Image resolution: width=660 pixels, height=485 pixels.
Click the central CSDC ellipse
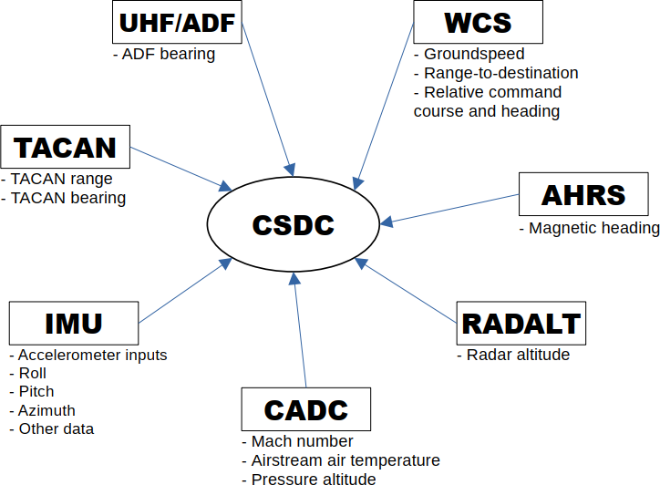293,223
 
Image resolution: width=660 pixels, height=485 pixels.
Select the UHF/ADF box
178,22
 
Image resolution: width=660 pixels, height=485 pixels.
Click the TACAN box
66,147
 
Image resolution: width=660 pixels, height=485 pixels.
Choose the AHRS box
583,194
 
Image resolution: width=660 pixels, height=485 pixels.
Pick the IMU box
74,323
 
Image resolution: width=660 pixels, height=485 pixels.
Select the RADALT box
521,323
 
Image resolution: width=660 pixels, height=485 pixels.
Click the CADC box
305,408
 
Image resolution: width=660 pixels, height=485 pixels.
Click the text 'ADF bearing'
164,54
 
